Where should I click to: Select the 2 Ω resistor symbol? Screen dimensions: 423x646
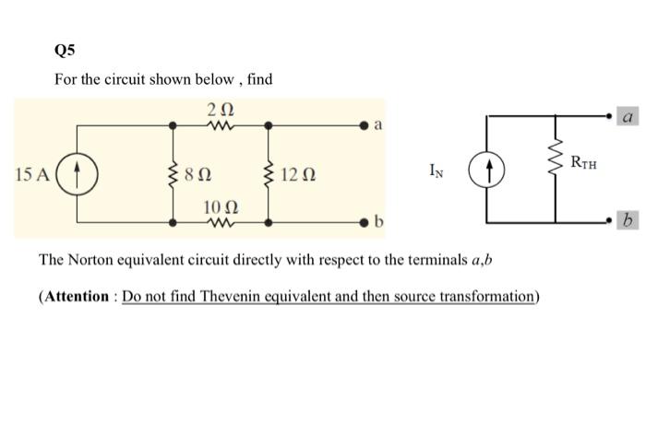pyautogui.click(x=221, y=124)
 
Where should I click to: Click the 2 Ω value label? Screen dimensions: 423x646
pyautogui.click(x=221, y=109)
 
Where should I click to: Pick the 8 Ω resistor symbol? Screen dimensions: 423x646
pyautogui.click(x=174, y=173)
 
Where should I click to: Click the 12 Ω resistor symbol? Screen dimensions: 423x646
pyautogui.click(x=269, y=173)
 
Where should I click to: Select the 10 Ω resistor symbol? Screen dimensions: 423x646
pyautogui.click(x=221, y=222)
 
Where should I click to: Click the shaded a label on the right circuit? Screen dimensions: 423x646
pyautogui.click(x=628, y=117)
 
